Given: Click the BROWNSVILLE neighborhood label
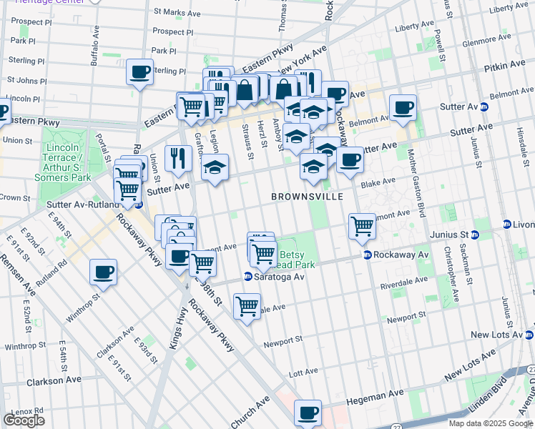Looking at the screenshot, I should pyautogui.click(x=307, y=196).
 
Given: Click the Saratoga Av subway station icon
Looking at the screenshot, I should pyautogui.click(x=247, y=277).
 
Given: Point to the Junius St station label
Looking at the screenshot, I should pyautogui.click(x=448, y=235).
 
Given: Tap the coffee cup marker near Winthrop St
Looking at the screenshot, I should pyautogui.click(x=104, y=273).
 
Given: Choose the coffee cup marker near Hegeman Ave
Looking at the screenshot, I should pyautogui.click(x=308, y=413).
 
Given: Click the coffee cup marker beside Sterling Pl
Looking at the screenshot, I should pyautogui.click(x=139, y=71).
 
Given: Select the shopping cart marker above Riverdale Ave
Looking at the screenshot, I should pyautogui.click(x=247, y=306).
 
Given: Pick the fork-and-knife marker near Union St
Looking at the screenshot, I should pyautogui.click(x=177, y=157).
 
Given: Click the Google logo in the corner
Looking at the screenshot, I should pyautogui.click(x=24, y=420).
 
